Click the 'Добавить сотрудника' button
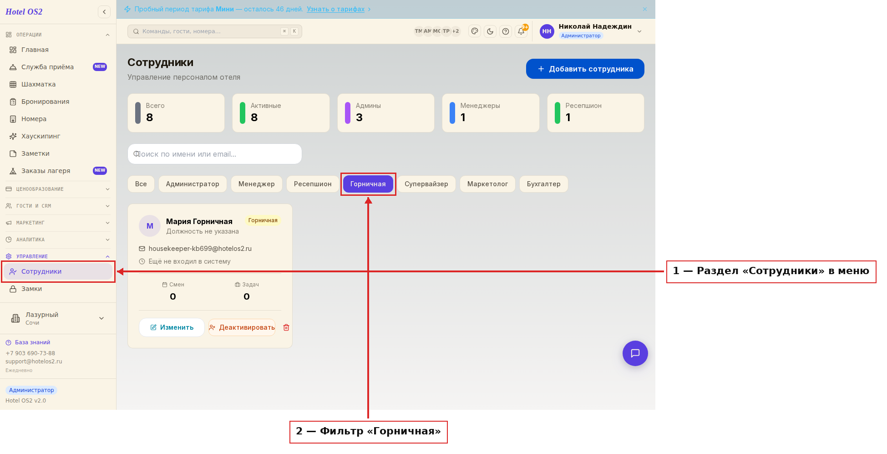[585, 69]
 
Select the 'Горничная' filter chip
[368, 184]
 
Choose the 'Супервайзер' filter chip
[426, 184]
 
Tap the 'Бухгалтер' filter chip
[544, 184]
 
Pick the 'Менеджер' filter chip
[257, 184]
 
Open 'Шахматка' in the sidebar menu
[38, 84]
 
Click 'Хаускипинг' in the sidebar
[41, 136]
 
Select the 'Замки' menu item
[31, 289]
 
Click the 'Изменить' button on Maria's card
[172, 327]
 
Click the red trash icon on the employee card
[286, 327]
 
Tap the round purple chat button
[635, 353]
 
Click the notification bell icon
[521, 31]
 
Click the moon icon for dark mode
[490, 31]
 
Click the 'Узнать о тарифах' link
[335, 9]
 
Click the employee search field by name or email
[215, 154]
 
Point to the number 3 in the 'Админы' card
[359, 117]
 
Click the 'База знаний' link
[32, 342]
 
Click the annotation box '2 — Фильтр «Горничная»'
[369, 432]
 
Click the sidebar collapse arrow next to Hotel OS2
[104, 12]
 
